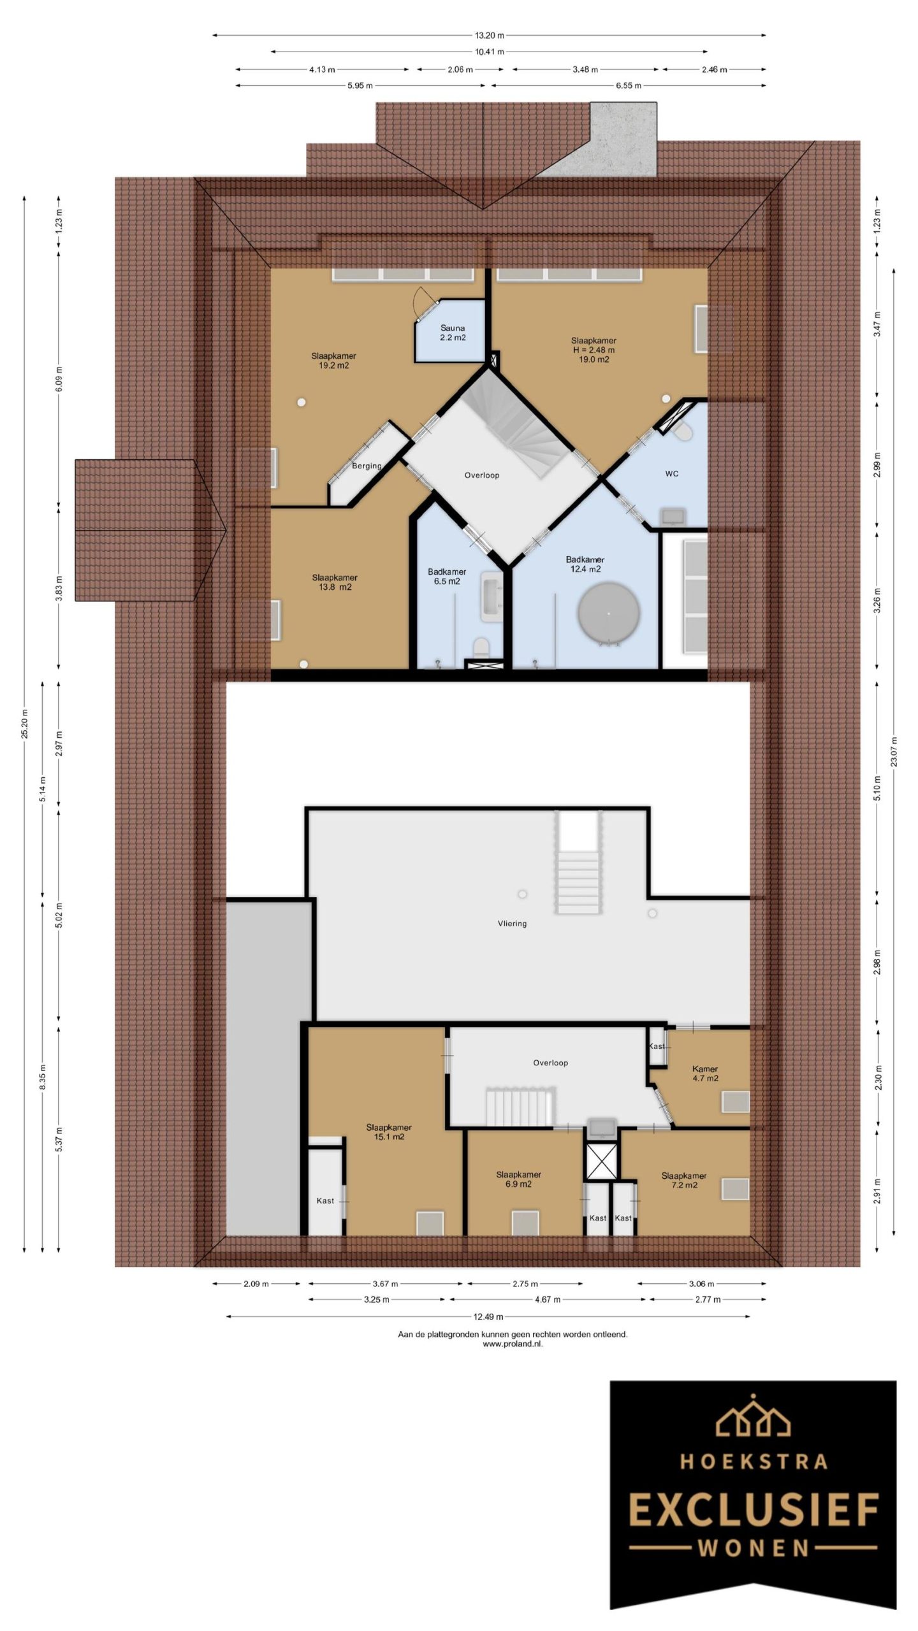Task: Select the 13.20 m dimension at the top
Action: [489, 36]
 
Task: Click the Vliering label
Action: [512, 923]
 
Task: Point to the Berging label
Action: [367, 466]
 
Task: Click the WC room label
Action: [671, 473]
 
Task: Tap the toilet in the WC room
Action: [682, 433]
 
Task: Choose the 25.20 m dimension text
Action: [25, 723]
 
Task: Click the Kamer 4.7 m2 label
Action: [705, 1074]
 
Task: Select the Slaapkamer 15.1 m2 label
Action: [389, 1132]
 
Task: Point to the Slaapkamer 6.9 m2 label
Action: [518, 1179]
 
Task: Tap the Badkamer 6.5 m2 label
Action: [446, 577]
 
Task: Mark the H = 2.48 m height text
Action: [593, 350]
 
